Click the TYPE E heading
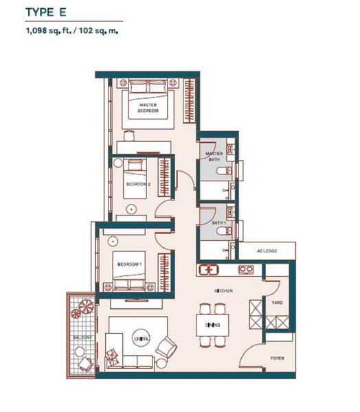[46, 12]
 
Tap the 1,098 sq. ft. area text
[48, 30]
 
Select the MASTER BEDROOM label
[148, 108]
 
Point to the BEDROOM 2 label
[138, 184]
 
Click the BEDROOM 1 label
[130, 264]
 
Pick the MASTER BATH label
[214, 157]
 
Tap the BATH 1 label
[218, 222]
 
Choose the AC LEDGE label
[267, 251]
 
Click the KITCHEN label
[223, 291]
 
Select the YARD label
[277, 302]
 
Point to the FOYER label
[277, 358]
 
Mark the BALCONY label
[82, 337]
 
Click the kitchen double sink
[209, 270]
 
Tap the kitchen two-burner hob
[246, 269]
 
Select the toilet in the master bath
[224, 171]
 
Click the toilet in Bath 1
[224, 231]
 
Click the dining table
[212, 325]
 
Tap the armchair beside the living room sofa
[166, 347]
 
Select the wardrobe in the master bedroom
[189, 101]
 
